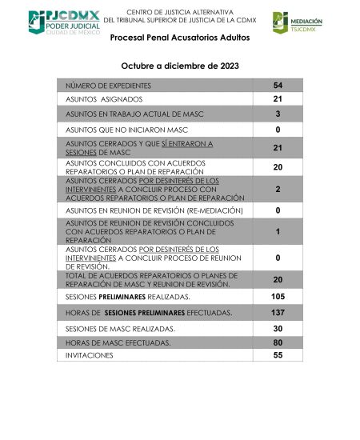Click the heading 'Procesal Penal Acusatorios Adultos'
click(179, 38)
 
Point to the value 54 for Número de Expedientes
click(278, 85)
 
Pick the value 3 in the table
click(278, 114)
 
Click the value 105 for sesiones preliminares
click(278, 297)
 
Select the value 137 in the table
click(278, 312)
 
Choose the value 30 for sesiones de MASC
click(278, 328)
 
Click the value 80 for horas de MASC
click(278, 342)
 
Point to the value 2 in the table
click(278, 190)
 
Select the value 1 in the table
click(278, 231)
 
